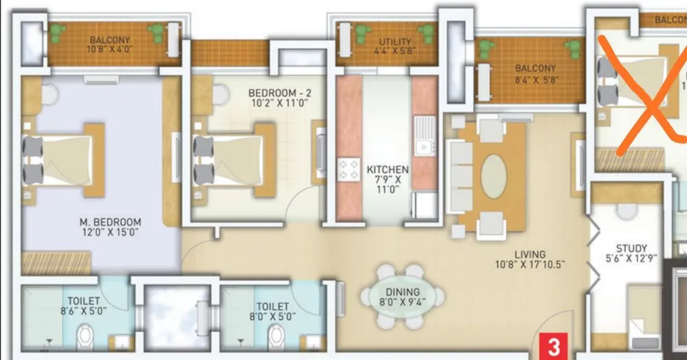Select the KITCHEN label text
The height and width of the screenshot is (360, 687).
387,169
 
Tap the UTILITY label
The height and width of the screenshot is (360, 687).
392,42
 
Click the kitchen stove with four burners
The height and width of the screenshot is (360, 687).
348,169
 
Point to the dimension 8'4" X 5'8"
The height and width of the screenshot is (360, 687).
537,79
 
